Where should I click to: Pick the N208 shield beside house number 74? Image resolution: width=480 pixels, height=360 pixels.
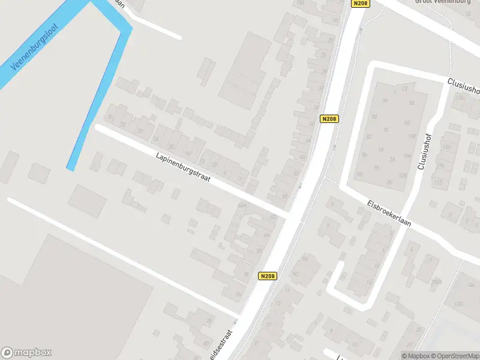coord(268,276)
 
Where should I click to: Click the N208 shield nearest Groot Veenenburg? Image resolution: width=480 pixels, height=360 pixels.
coord(361,3)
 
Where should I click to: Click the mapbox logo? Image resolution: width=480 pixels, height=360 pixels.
coord(26,353)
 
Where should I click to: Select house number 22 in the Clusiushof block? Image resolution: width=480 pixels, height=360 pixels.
coord(405,89)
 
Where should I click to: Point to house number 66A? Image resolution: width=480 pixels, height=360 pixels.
coord(242,205)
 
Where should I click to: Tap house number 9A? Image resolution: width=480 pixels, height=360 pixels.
coord(305,259)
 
